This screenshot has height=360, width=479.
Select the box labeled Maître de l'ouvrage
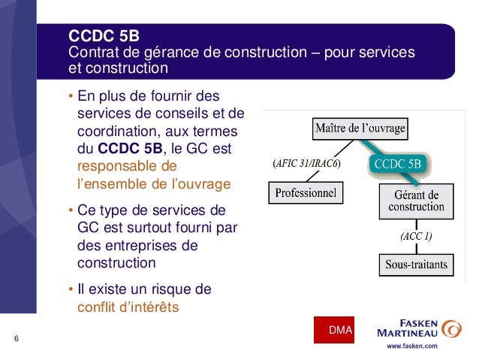coord(360,128)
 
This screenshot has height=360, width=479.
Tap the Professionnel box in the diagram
coord(306,194)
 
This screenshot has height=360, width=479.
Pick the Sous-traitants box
coord(416,264)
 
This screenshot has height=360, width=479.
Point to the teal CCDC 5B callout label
coord(398,163)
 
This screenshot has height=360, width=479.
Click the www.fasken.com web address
coord(411,347)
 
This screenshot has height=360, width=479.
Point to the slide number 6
coord(16,338)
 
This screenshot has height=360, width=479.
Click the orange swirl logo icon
coord(452,329)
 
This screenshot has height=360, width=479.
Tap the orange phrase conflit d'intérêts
coord(128,306)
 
